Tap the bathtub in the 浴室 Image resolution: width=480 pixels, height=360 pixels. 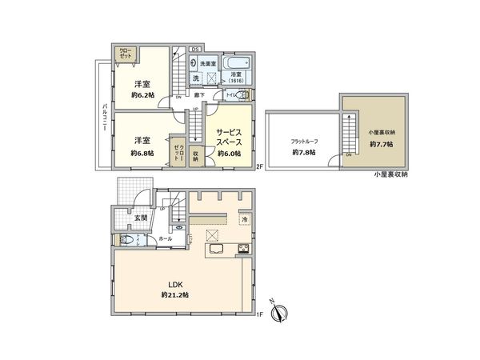[236, 63]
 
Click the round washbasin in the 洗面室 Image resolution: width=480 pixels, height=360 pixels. [194, 63]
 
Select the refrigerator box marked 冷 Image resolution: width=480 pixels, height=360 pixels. [244, 219]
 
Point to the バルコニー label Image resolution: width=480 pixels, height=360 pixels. [104, 120]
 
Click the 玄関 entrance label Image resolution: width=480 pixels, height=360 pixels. [128, 217]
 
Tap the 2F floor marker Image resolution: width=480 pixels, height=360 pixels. [259, 167]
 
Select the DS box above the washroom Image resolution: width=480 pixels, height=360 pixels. [194, 50]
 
